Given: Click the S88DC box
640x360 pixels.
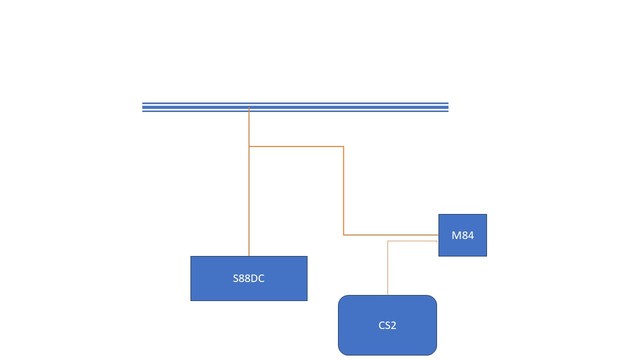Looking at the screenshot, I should [x=249, y=278].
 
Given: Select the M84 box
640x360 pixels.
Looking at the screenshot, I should [x=462, y=235].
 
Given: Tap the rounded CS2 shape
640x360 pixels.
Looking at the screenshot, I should [x=387, y=325].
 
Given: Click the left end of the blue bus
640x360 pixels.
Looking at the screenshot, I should [x=144, y=107].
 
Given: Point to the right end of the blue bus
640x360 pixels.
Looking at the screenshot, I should [x=447, y=107].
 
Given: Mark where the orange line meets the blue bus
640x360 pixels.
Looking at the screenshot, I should [x=249, y=110].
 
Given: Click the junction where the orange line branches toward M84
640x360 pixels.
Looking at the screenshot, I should [x=249, y=147].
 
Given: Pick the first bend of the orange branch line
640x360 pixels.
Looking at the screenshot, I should [x=344, y=147].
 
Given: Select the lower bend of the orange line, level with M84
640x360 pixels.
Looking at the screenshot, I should [x=344, y=235].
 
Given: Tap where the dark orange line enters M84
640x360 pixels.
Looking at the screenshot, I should [x=438, y=235].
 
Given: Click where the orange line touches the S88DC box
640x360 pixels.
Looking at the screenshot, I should [x=249, y=256].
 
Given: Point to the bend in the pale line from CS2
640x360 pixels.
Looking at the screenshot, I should [x=387, y=241].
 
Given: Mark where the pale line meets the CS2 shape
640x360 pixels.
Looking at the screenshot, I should [x=387, y=295].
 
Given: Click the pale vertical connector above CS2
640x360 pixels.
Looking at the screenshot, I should [x=387, y=268].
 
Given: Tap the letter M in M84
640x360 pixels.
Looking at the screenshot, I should [x=455, y=236].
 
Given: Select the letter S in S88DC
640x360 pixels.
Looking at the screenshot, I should [x=234, y=279].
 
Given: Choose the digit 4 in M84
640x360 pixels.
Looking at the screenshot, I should [x=470, y=236].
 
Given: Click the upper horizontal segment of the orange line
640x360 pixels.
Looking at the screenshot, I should [x=296, y=147].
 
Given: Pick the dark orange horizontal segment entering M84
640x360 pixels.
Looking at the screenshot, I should [x=391, y=235].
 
